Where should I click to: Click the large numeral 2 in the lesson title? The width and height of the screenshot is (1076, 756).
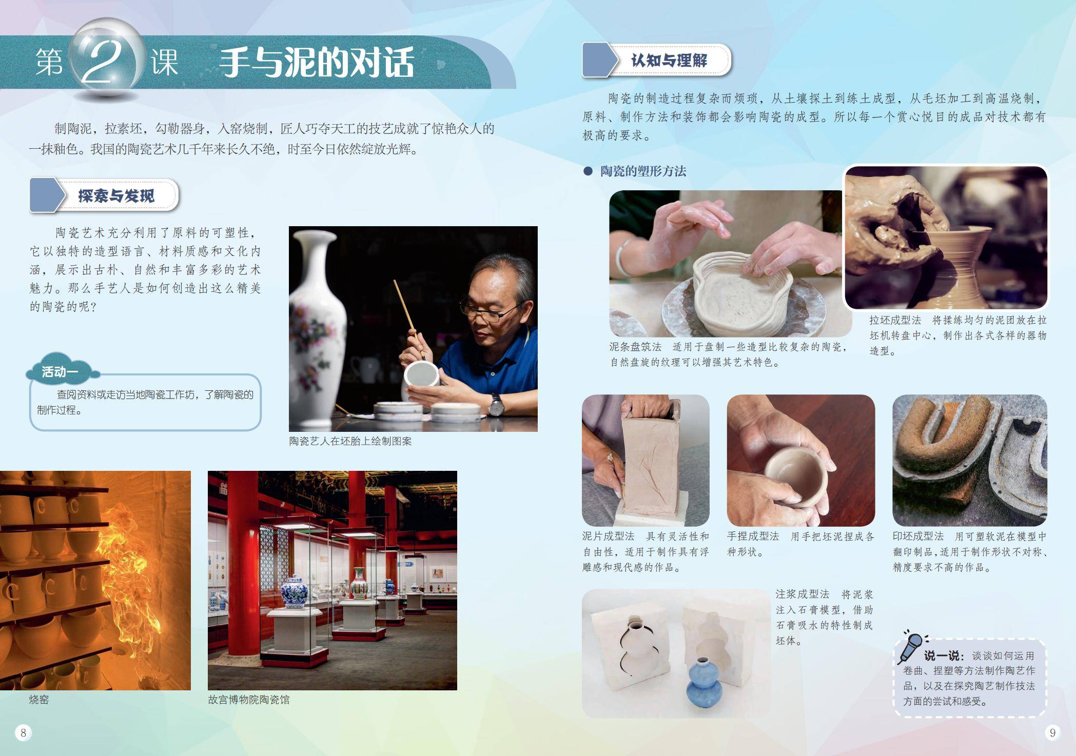103,62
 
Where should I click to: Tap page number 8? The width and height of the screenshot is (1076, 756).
23,733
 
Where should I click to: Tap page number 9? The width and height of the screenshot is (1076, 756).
1052,733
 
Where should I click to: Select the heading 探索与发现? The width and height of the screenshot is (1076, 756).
116,195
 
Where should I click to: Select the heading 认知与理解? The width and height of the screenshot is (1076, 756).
669,61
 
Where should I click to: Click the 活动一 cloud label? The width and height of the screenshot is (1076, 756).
60,371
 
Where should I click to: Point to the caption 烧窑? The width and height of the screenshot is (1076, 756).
39,700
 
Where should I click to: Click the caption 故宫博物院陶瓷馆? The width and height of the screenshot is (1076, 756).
249,700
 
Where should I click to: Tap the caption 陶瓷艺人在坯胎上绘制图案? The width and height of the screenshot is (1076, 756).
350,441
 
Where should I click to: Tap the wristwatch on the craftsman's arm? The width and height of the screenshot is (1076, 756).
496,405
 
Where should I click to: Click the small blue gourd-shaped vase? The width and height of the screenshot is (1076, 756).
704,683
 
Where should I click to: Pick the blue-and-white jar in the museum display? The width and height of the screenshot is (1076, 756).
294,593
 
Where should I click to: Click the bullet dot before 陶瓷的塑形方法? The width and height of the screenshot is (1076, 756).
588,171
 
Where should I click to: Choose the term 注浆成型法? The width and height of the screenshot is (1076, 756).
802,594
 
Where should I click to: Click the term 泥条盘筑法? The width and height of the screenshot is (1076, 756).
635,347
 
